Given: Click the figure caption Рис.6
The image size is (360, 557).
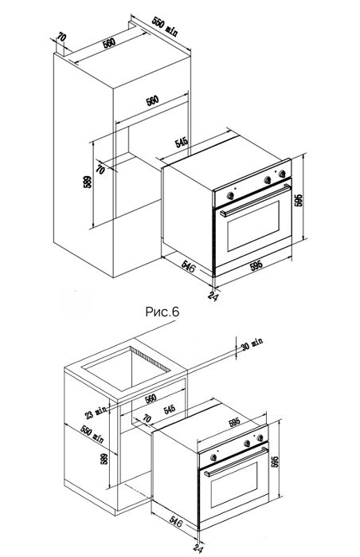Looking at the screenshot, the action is coord(162,312).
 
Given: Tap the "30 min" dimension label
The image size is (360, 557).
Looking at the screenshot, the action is coord(252,343).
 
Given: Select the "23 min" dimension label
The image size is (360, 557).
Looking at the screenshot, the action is coord(96,412).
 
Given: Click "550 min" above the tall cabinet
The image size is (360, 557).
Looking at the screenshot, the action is coord(165,26).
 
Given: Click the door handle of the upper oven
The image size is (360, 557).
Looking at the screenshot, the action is coord(255,200).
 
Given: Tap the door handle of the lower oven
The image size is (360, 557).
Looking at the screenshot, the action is coord(236,461).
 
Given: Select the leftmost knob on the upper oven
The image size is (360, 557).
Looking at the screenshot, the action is coord(230,194).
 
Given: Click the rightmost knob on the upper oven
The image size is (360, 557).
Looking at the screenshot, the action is coord(282,174).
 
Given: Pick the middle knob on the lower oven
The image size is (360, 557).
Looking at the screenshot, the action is coord(247,443).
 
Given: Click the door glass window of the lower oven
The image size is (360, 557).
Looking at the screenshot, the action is coord(234,484).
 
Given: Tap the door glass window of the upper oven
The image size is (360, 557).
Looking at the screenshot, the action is coord(253,226).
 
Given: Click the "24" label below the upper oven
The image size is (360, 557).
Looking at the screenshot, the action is coord(213,296).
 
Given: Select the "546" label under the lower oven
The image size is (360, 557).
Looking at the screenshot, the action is coord(176,522).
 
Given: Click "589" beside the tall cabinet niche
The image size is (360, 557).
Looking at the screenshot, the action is coord(88,182).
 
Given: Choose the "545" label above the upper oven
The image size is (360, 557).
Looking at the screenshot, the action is coord(182,143).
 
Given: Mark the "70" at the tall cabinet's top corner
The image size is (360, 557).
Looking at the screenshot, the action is coord(61,37).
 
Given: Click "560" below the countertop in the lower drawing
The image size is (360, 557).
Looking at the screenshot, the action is coord(151,398).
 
